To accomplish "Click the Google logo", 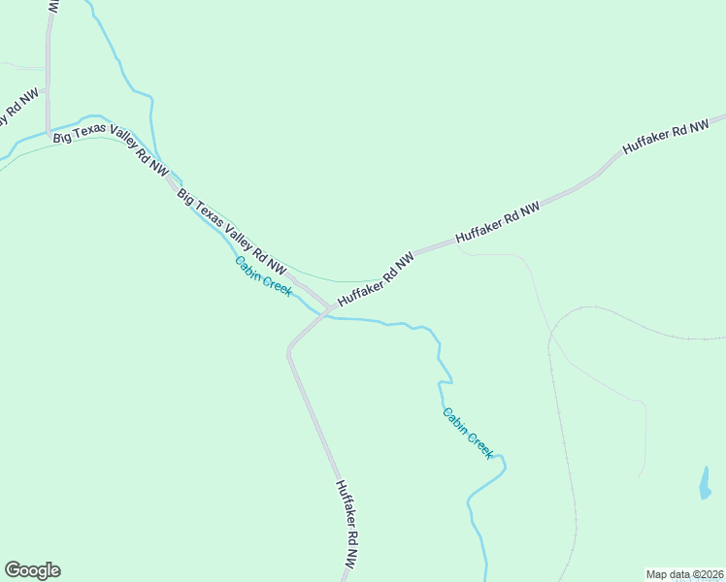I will point(32,570).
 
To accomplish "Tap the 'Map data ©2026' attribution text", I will point(684,574).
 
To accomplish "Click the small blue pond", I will point(705,483).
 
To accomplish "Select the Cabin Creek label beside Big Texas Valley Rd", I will point(263,276).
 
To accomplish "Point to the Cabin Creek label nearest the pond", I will point(469,433).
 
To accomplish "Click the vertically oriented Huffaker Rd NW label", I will point(347,524).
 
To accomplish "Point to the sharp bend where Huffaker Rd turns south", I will point(289,349).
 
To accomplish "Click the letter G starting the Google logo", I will point(12,570).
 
